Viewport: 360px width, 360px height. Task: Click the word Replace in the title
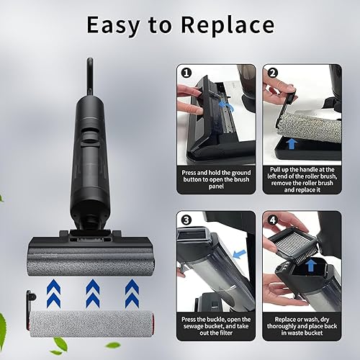pos(228,25)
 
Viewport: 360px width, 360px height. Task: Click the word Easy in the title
pos(113,25)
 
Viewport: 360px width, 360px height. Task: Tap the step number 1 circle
pos(186,73)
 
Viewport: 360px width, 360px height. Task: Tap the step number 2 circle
pos(272,73)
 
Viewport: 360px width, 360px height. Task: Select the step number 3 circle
pos(186,220)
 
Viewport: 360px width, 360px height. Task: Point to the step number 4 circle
pos(273,220)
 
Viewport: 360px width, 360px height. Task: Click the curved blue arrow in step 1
pos(226,106)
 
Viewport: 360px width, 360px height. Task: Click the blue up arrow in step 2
pos(292,143)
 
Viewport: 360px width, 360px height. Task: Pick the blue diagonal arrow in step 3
pos(239,254)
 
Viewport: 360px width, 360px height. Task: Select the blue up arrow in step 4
pos(311,265)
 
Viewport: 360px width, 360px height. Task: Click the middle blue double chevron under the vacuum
pos(93,293)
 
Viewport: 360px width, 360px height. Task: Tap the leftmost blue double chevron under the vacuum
pos(53,293)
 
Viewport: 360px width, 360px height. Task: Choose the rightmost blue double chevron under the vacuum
pos(132,293)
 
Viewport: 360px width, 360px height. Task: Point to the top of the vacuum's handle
pos(90,59)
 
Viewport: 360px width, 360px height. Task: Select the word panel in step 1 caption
pos(216,186)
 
